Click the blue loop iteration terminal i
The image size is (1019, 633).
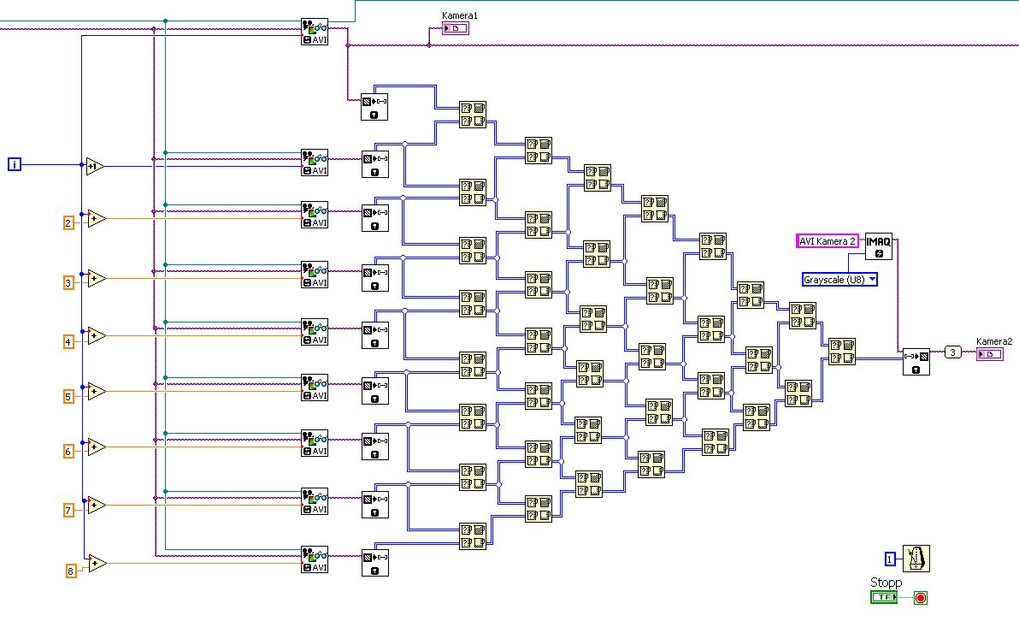point(15,164)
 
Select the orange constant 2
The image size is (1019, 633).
point(68,222)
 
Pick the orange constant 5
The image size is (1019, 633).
point(68,396)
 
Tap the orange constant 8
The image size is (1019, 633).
point(72,571)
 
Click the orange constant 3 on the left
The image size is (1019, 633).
point(68,281)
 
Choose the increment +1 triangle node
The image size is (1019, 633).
point(94,166)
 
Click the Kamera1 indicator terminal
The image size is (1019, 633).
point(456,28)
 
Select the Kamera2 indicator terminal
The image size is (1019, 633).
point(989,353)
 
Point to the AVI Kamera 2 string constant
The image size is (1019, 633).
point(828,241)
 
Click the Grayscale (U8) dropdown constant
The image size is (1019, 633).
point(839,279)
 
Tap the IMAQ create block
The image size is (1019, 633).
point(878,246)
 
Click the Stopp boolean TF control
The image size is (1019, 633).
point(884,597)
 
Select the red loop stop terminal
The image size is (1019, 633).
point(921,597)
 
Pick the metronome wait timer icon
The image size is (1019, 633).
point(916,559)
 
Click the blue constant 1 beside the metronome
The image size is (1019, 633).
point(891,559)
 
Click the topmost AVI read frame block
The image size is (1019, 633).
point(314,32)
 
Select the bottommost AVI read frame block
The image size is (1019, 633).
point(314,559)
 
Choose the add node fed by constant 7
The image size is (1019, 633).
point(95,505)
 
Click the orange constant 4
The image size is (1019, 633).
point(68,341)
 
